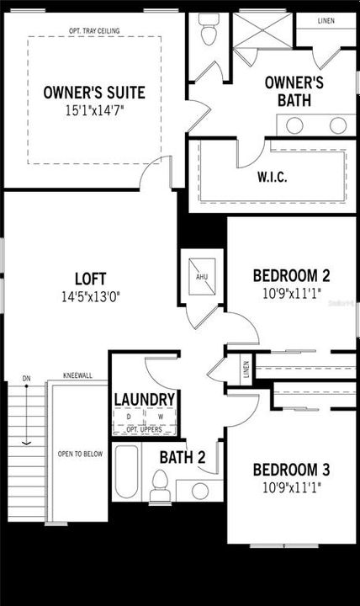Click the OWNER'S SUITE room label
point(93,92)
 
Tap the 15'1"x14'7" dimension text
point(93,109)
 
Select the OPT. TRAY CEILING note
point(94,31)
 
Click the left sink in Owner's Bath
point(295,125)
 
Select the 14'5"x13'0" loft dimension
point(90,296)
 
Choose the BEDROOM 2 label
point(290,275)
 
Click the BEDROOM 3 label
point(290,470)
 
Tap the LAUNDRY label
point(144,400)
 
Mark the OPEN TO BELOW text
point(80,454)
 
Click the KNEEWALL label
point(77,377)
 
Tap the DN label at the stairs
point(26,378)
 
